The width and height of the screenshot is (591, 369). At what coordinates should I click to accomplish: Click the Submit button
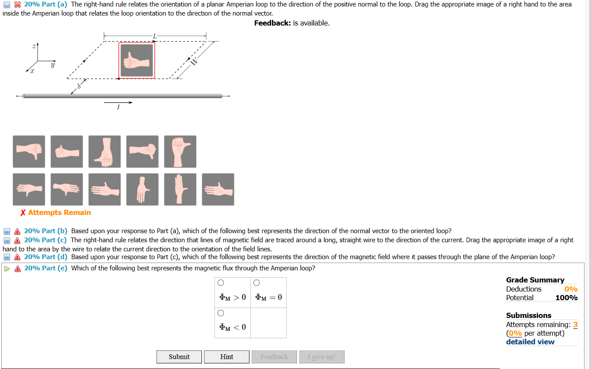179,357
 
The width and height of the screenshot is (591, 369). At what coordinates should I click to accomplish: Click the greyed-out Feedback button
274,357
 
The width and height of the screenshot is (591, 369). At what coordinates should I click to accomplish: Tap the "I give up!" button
321,357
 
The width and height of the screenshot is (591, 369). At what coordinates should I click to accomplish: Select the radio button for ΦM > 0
221,283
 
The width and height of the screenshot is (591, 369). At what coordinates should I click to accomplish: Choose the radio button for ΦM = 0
256,283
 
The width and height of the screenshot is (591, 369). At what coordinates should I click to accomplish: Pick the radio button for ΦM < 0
221,313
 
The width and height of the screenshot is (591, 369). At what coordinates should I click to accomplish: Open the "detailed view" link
530,342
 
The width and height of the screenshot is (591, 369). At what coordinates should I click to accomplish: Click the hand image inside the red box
137,61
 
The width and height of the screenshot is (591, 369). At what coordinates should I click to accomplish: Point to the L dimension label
155,35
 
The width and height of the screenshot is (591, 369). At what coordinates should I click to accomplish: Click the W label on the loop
194,61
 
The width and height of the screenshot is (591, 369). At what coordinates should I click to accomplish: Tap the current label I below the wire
118,107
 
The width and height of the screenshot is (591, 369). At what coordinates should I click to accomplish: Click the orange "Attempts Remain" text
59,213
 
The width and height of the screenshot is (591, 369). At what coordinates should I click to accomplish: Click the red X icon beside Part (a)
17,4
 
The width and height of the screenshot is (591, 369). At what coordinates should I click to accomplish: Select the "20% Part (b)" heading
45,231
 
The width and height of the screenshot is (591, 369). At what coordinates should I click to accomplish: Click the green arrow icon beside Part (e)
6,268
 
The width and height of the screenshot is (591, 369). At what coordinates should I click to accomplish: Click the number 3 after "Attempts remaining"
575,324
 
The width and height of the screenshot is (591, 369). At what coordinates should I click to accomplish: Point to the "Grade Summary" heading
535,280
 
